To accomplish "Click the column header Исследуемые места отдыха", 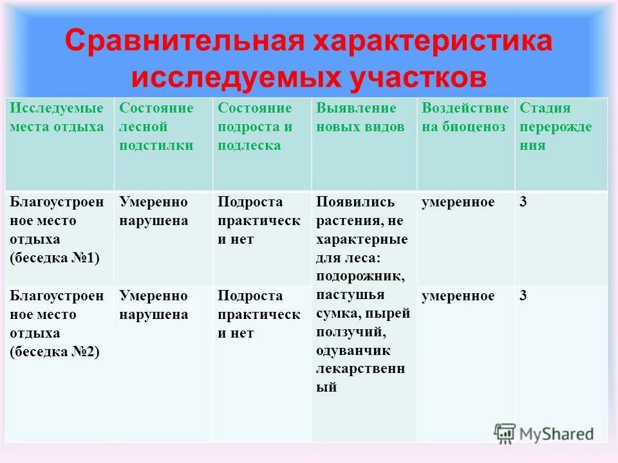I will pyautogui.click(x=57, y=118).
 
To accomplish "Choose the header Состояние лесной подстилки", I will pyautogui.click(x=156, y=127).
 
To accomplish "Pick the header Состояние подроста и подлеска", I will pyautogui.click(x=255, y=127).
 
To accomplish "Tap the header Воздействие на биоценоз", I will pyautogui.click(x=465, y=118).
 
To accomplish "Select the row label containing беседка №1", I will pyautogui.click(x=57, y=230).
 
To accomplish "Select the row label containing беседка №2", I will pyautogui.click(x=57, y=324).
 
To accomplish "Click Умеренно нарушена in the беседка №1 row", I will pyautogui.click(x=154, y=212).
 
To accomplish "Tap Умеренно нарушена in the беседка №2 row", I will pyautogui.click(x=154, y=305).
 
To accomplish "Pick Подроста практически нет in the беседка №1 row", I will pyautogui.click(x=259, y=221).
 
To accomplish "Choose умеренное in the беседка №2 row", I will pyautogui.click(x=458, y=296).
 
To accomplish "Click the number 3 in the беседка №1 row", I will pyautogui.click(x=523, y=203).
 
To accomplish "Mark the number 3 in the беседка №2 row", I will pyautogui.click(x=523, y=296).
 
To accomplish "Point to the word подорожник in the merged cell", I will pyautogui.click(x=360, y=277).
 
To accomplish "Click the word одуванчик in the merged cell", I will pyautogui.click(x=353, y=351).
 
